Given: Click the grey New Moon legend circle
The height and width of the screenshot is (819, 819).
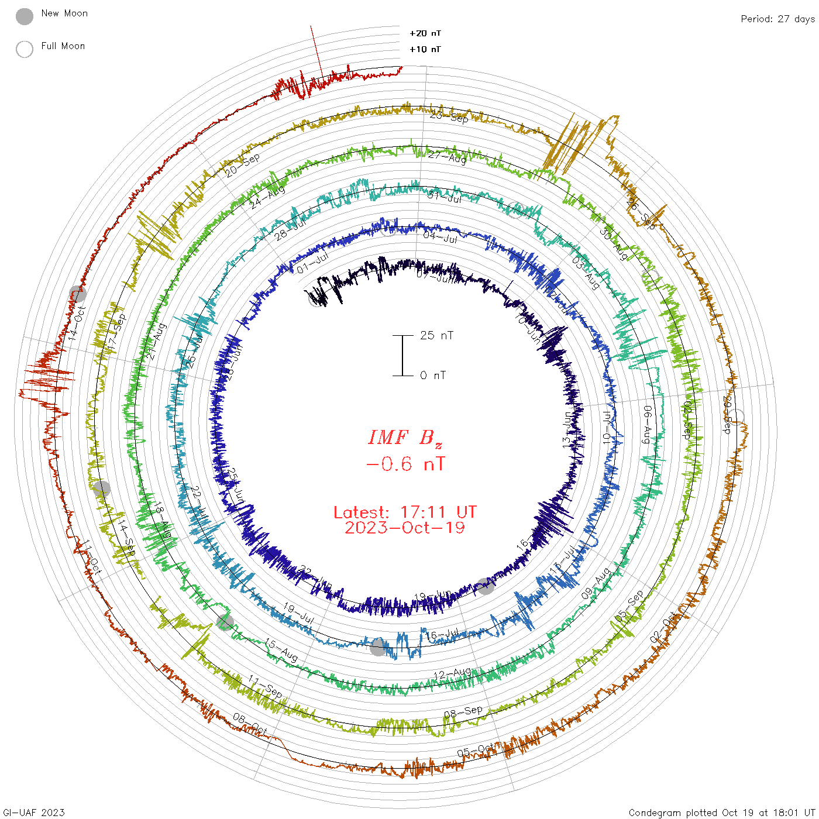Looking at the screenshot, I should (25, 16).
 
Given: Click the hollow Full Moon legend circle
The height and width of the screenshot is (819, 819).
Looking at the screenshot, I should (25, 49).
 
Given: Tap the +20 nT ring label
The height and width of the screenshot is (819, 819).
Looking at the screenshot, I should (425, 33).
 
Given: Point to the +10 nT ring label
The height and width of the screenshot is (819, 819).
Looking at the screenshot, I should (425, 49).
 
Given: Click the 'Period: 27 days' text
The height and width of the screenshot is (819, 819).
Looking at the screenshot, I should (777, 19).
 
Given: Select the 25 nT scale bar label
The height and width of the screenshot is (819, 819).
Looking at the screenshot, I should (436, 335).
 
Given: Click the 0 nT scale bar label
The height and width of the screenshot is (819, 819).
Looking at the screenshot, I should (433, 375).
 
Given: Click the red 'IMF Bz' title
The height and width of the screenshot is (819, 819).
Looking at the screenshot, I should (405, 438).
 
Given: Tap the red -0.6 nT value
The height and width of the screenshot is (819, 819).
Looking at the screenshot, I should (405, 464).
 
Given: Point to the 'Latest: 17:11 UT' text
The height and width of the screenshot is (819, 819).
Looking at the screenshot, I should (405, 512).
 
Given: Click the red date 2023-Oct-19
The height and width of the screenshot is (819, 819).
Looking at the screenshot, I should (405, 528).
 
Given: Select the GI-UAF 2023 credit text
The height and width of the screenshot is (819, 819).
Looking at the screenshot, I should (33, 813).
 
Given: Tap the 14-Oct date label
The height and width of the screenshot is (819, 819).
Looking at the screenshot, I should (77, 323).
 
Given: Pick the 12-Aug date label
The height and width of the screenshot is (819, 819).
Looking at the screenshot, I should (452, 674).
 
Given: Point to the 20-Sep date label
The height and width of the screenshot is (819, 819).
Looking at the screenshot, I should (242, 166).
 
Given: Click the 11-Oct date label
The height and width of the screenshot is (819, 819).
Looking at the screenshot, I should (90, 558).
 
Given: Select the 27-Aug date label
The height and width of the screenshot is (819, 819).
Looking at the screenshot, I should (447, 157).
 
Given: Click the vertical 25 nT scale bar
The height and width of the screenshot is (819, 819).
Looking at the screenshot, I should (402, 355).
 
